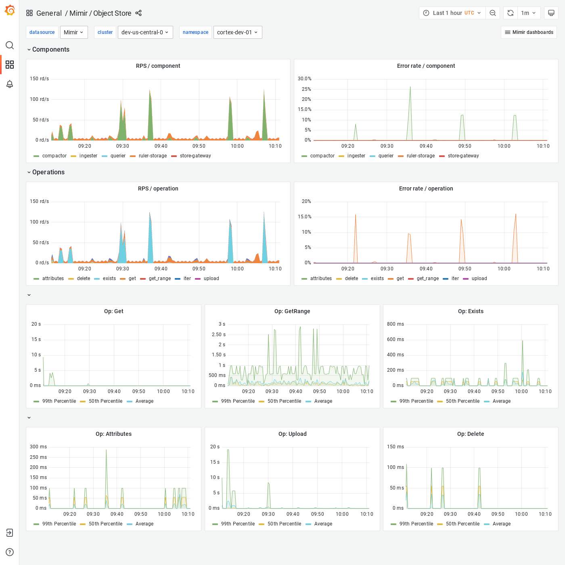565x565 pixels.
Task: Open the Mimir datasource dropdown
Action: (x=74, y=32)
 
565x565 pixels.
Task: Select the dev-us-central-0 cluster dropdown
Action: (x=145, y=32)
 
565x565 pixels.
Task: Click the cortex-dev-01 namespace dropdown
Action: (x=237, y=32)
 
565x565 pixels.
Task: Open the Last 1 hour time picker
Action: (x=452, y=13)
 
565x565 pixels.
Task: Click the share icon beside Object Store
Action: (x=138, y=13)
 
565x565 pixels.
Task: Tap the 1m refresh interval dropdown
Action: (x=528, y=13)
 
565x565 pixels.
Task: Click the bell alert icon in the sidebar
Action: (x=10, y=84)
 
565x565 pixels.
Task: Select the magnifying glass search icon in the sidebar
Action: (x=10, y=45)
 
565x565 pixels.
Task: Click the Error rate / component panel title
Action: (x=426, y=66)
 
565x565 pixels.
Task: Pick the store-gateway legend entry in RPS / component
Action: (x=195, y=156)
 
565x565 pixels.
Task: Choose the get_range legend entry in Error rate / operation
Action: (x=427, y=278)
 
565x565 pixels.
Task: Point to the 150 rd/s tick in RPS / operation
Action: (x=40, y=201)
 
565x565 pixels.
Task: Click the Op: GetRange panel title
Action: (x=292, y=311)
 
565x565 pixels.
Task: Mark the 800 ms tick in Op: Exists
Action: (x=395, y=324)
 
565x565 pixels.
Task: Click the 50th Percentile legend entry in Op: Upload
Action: (x=284, y=524)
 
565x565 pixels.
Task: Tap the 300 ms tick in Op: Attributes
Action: (x=38, y=447)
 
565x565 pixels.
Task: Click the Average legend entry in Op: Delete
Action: (x=501, y=524)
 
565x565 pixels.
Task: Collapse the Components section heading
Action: (x=50, y=49)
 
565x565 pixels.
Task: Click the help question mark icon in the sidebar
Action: (x=10, y=552)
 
